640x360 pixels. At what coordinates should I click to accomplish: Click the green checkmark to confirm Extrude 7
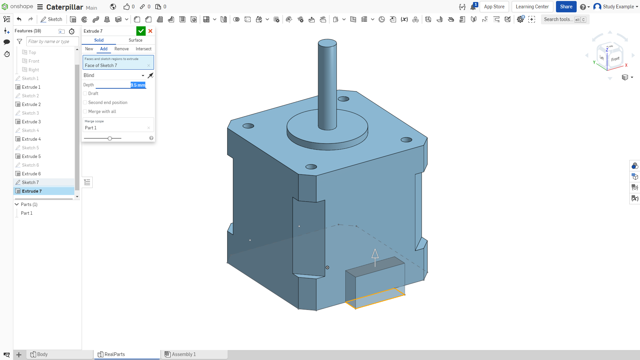point(141,31)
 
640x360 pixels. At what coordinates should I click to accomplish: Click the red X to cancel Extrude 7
point(150,31)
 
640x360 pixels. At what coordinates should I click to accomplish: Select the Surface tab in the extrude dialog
point(135,40)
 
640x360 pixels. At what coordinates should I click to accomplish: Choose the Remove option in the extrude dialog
point(121,49)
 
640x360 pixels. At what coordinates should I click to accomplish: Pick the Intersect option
point(143,49)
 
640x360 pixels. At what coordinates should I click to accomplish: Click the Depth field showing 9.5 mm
point(138,85)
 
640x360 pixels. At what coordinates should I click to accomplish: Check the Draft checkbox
point(85,94)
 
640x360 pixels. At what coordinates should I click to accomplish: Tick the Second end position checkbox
point(85,103)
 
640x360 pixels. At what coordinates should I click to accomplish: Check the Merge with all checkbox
point(85,112)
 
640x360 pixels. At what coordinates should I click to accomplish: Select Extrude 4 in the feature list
point(31,139)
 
